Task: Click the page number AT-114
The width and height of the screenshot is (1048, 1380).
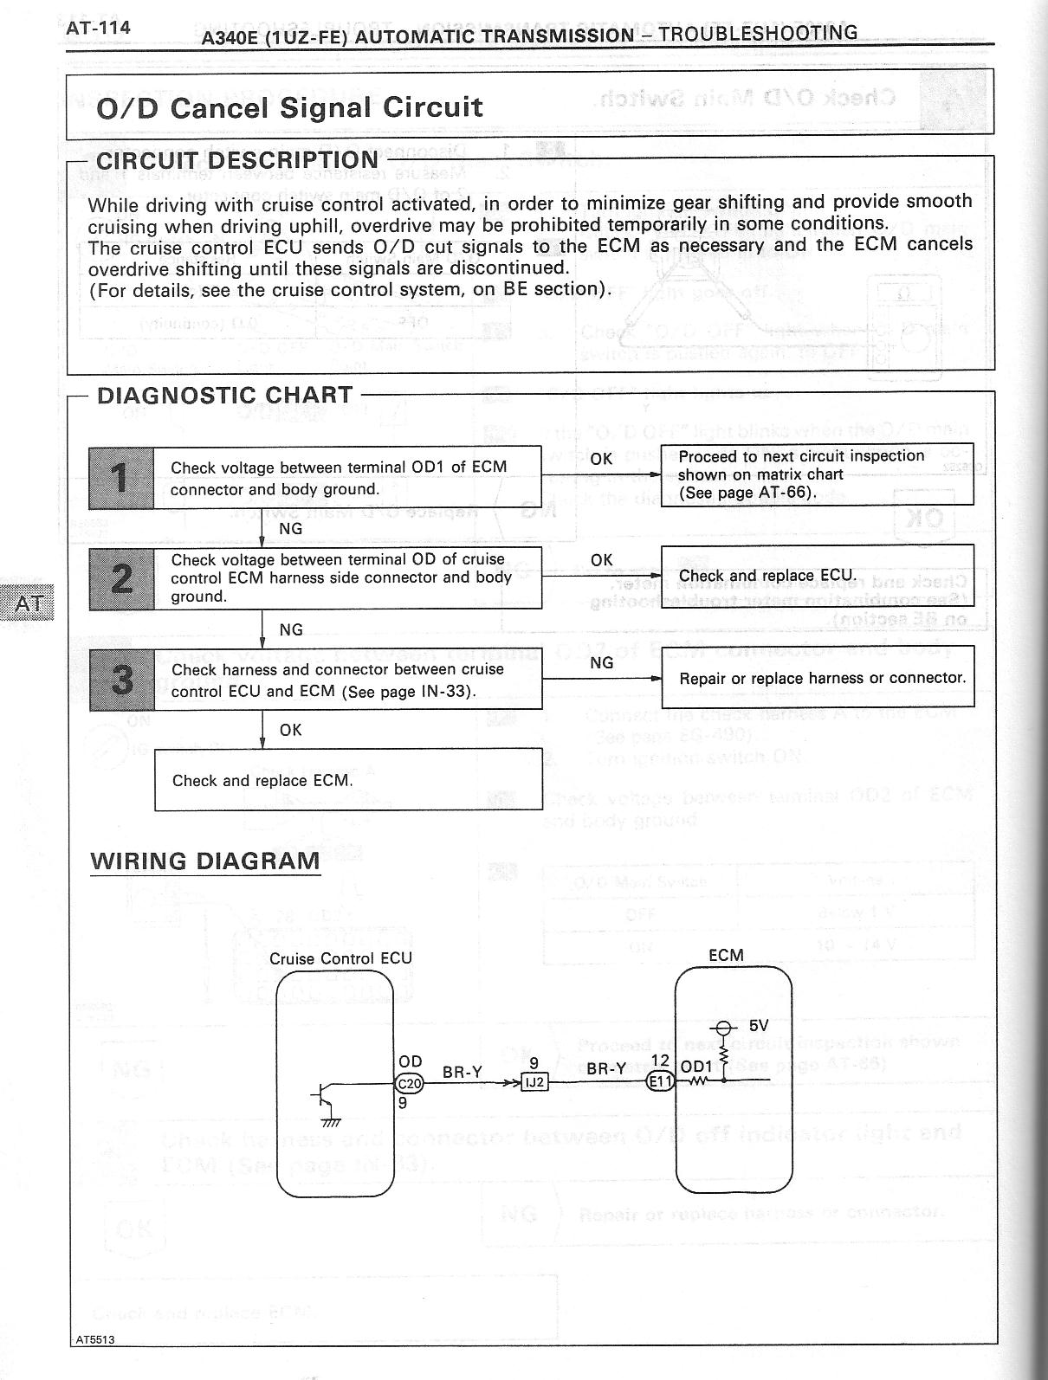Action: (x=98, y=28)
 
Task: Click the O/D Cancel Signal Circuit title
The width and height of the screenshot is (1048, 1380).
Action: (x=289, y=108)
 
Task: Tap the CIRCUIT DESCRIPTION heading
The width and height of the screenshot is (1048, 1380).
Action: (x=236, y=160)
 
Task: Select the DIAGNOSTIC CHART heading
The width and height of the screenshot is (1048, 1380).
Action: (x=224, y=396)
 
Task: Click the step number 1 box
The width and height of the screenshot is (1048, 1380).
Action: (x=121, y=478)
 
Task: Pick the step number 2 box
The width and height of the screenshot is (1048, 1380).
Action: (x=121, y=578)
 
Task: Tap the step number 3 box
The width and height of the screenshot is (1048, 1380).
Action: (x=121, y=680)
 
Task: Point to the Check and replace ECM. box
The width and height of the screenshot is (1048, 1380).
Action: (x=348, y=780)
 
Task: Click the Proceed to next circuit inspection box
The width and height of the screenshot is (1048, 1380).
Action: (x=817, y=474)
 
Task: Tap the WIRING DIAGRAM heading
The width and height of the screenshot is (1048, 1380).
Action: (x=205, y=861)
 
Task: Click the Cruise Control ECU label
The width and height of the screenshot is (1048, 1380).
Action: (x=340, y=958)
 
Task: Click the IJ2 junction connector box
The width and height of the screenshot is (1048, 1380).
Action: (x=534, y=1082)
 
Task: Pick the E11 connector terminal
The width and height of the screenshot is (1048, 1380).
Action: (x=661, y=1082)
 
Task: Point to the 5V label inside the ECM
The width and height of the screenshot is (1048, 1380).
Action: (x=759, y=1026)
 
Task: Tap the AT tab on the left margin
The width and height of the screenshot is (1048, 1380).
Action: (x=28, y=603)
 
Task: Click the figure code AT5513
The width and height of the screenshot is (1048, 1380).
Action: (x=94, y=1364)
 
